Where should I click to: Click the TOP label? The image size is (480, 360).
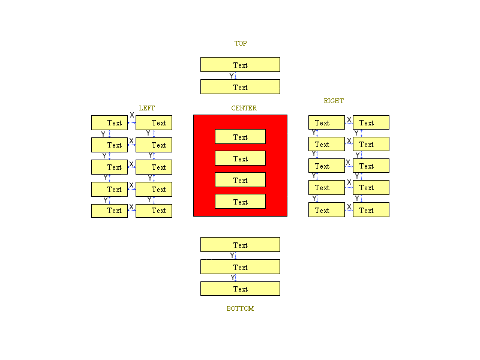240,43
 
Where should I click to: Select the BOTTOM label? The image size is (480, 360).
240,308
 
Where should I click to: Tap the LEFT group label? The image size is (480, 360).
146,108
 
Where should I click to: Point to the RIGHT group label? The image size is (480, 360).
334,101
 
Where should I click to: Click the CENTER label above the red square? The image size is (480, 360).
244,108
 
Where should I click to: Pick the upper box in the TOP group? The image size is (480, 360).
240,65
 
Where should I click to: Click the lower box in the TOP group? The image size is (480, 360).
240,87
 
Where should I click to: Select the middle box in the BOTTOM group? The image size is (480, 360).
240,267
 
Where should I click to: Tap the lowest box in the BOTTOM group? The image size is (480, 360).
240,289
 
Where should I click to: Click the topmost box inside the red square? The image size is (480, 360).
240,137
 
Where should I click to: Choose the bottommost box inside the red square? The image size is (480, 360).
240,202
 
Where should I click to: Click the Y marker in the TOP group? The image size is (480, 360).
232,76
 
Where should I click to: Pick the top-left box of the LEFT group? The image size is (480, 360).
109,122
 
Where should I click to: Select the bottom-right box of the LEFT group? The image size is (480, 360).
154,211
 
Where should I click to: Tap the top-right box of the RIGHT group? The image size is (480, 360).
371,122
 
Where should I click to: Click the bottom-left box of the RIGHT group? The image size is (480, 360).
326,210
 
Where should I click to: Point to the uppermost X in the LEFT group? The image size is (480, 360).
132,115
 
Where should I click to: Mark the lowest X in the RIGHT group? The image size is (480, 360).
349,206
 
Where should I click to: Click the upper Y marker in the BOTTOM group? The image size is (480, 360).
232,256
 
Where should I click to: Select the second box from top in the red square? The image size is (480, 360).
240,158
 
